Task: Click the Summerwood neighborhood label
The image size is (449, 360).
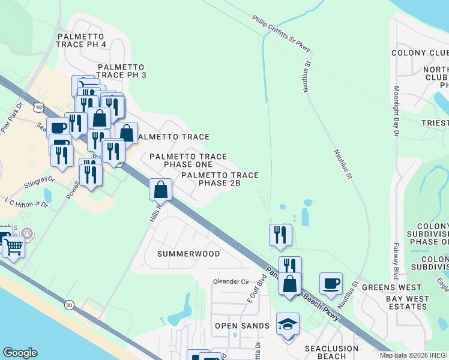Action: pyautogui.click(x=188, y=254)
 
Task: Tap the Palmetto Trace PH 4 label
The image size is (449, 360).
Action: pyautogui.click(x=82, y=40)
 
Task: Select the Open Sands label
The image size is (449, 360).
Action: pyautogui.click(x=242, y=326)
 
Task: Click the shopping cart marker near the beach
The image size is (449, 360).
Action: pyautogui.click(x=13, y=246)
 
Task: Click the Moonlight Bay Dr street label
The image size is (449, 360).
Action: pyautogui.click(x=396, y=112)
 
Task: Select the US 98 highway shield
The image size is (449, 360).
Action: pyautogui.click(x=38, y=107)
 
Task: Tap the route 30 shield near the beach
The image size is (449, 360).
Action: pyautogui.click(x=69, y=305)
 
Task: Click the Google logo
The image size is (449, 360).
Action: pyautogui.click(x=19, y=353)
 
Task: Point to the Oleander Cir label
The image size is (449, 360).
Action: pyautogui.click(x=231, y=281)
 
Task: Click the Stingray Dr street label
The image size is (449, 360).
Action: pyautogui.click(x=40, y=179)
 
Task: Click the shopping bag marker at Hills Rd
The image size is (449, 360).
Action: pyautogui.click(x=161, y=190)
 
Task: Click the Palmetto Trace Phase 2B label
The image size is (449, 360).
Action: pyautogui.click(x=219, y=179)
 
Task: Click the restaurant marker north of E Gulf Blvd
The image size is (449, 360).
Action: pyautogui.click(x=280, y=235)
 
